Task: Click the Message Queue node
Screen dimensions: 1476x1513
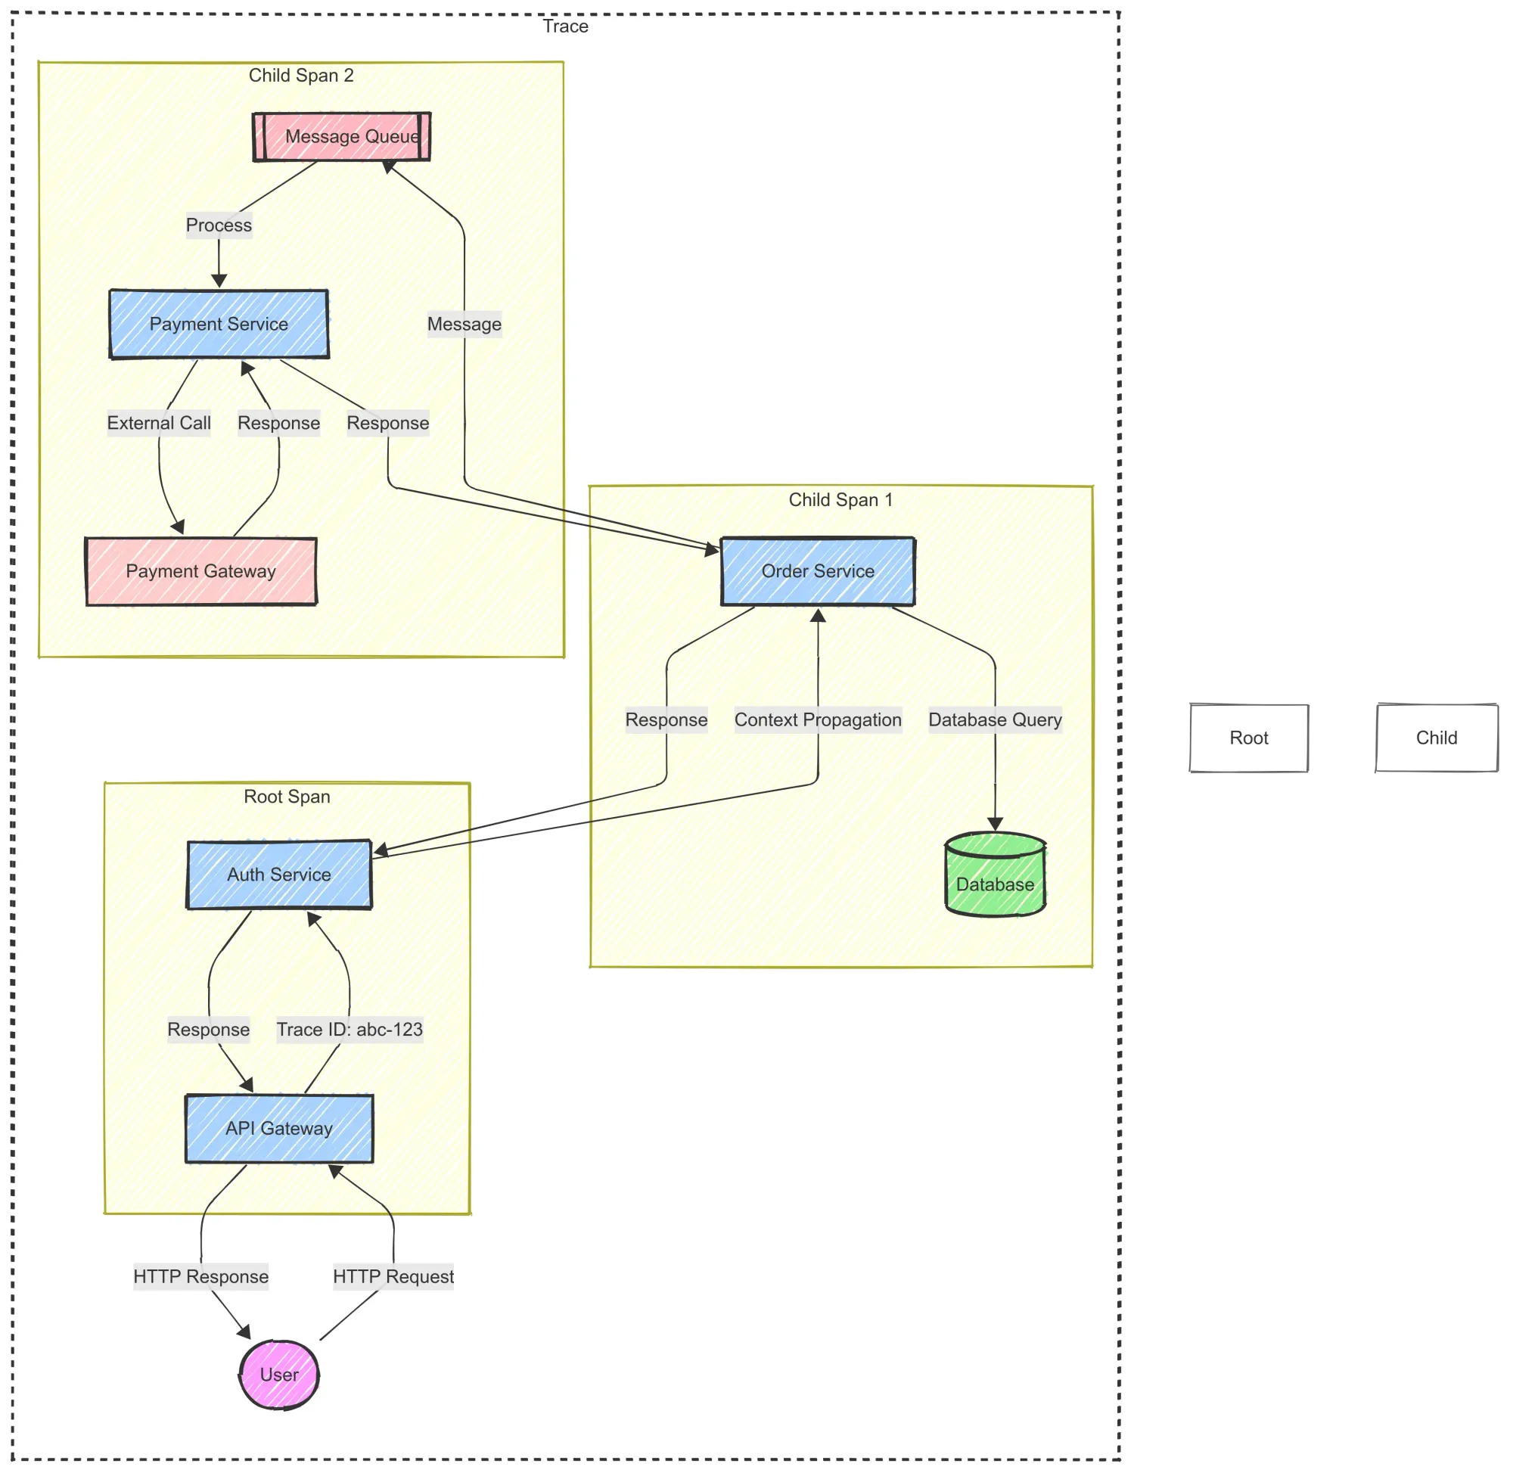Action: tap(342, 136)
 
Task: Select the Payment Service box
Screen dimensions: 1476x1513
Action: tap(219, 324)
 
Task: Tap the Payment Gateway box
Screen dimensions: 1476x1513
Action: tap(200, 571)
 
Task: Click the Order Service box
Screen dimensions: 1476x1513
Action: tap(818, 571)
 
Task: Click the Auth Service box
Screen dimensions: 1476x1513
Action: tap(279, 875)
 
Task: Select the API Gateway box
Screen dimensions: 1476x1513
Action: tap(279, 1129)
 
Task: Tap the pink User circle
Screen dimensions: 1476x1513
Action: tap(279, 1375)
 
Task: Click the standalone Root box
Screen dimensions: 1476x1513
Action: tap(1249, 738)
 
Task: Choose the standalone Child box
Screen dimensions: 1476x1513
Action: tap(1437, 738)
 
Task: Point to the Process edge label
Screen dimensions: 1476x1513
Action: tap(219, 225)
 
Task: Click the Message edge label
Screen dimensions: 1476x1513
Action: tap(464, 324)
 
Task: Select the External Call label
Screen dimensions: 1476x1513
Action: tap(159, 423)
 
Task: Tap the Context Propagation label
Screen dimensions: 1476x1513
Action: tap(818, 720)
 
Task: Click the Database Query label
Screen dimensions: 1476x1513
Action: tap(995, 720)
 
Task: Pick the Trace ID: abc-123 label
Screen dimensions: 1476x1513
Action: tap(350, 1030)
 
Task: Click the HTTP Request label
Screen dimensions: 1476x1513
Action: tap(393, 1277)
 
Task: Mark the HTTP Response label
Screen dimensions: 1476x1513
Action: tap(200, 1277)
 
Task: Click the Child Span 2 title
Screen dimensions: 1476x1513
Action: tap(301, 75)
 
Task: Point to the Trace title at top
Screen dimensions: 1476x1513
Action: tap(565, 26)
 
